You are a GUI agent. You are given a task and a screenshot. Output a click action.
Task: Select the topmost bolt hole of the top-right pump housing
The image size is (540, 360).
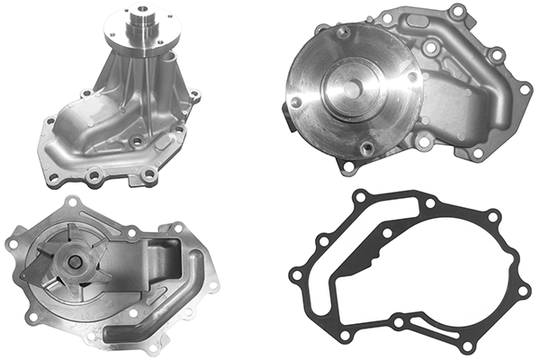point(457,11)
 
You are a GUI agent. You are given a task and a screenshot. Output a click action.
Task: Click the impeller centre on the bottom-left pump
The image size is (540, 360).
point(75,262)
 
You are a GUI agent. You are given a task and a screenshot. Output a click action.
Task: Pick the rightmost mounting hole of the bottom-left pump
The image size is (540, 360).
point(212,285)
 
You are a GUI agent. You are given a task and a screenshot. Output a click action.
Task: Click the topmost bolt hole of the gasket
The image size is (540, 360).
point(361,196)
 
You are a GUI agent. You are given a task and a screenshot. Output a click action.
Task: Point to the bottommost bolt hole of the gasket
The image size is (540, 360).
point(464,345)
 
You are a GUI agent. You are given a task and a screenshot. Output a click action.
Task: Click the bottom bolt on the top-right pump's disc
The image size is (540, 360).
point(366,148)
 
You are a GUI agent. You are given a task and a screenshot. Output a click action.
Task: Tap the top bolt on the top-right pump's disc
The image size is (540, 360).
point(343,33)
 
